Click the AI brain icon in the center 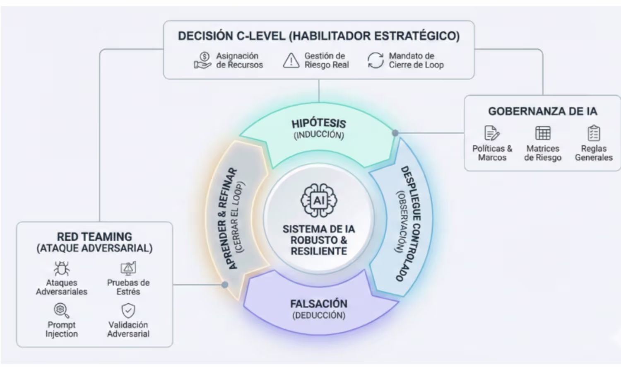[319, 200]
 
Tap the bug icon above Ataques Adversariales [62, 268]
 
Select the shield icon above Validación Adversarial [128, 310]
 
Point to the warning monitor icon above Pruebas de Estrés [128, 268]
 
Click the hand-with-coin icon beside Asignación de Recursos [203, 60]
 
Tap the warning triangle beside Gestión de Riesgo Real [291, 60]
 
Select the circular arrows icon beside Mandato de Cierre [375, 60]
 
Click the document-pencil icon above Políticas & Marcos [492, 133]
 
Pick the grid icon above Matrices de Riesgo [543, 133]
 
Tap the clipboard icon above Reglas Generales [594, 133]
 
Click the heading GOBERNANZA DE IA [542, 111]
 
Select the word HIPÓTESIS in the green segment [319, 124]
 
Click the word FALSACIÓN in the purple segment [319, 304]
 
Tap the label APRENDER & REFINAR [228, 219]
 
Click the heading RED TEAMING [94, 237]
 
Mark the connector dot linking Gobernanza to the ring [395, 133]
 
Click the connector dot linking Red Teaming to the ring [225, 285]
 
